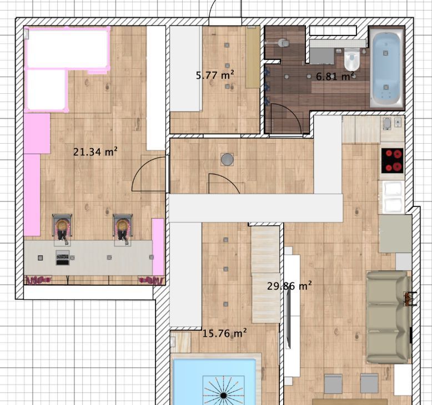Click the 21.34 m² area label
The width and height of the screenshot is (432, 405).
(96, 151)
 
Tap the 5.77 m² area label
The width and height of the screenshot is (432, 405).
(215, 75)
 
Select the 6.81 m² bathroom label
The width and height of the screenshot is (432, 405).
(335, 76)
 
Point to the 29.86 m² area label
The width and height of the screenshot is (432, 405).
(289, 286)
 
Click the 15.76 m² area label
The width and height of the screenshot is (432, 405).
(224, 333)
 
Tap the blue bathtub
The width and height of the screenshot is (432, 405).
(386, 69)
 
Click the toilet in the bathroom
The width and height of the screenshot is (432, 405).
(352, 59)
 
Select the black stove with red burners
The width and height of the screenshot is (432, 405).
(393, 160)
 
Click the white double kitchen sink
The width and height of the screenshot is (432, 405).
(393, 197)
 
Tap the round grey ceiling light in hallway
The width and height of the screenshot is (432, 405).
(227, 159)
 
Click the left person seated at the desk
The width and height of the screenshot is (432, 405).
(63, 229)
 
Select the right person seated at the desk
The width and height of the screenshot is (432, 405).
(123, 229)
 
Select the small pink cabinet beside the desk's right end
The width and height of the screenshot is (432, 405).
(158, 247)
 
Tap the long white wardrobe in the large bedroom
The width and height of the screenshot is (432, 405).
(155, 88)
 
